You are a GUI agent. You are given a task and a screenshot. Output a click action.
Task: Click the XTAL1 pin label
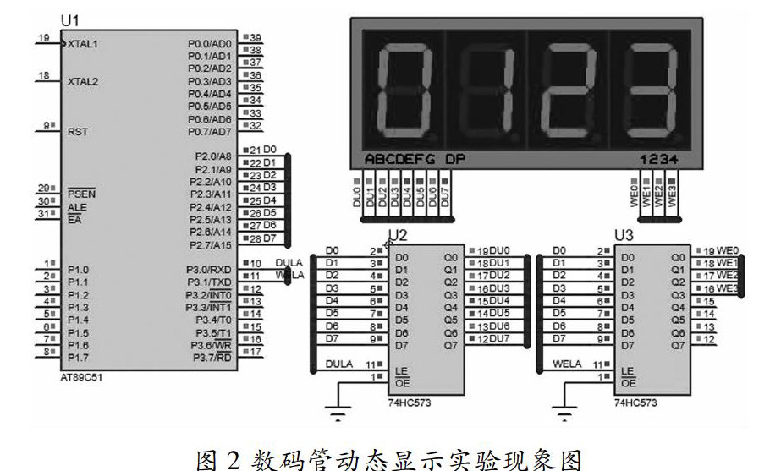pos(83,43)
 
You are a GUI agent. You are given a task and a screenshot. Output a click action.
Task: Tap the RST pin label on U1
pos(77,132)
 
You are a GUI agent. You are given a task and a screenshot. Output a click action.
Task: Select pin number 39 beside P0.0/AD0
pos(255,37)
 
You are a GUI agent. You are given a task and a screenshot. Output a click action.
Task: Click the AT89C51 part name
pos(82,378)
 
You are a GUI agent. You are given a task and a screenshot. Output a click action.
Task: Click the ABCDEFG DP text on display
pos(415,159)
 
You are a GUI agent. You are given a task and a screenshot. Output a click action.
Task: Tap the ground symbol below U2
pos(339,414)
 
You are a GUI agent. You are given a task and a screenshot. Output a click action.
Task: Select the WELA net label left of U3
pos(568,364)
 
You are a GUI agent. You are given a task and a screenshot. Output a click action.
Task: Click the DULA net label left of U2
pos(340,364)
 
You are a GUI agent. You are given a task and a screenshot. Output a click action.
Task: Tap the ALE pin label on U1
pos(77,207)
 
